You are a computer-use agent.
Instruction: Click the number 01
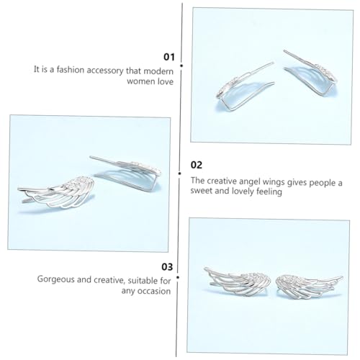169,57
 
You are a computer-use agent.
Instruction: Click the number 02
197,165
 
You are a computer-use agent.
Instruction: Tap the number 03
167,267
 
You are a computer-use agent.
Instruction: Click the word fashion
71,70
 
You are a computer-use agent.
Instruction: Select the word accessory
105,71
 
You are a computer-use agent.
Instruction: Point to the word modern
158,71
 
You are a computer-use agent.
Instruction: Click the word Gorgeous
56,279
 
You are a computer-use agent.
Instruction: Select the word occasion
153,291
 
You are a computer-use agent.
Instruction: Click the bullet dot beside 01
181,66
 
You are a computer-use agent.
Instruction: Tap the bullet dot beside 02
179,174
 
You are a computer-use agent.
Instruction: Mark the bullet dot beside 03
178,277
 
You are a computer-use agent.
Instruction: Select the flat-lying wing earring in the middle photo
57,192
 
